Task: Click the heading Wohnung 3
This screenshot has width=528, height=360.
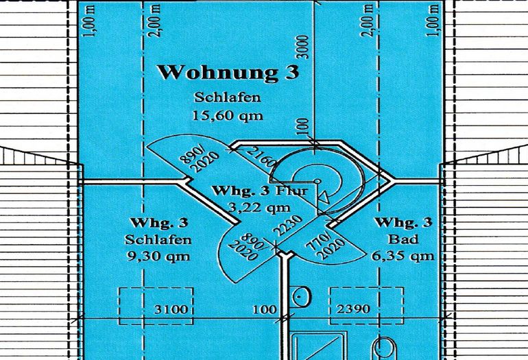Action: [228, 73]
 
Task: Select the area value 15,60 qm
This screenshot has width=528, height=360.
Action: [228, 116]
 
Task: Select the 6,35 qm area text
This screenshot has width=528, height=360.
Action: [405, 256]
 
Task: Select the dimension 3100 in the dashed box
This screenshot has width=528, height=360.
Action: [170, 309]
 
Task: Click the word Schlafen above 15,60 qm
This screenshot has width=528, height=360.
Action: [228, 98]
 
